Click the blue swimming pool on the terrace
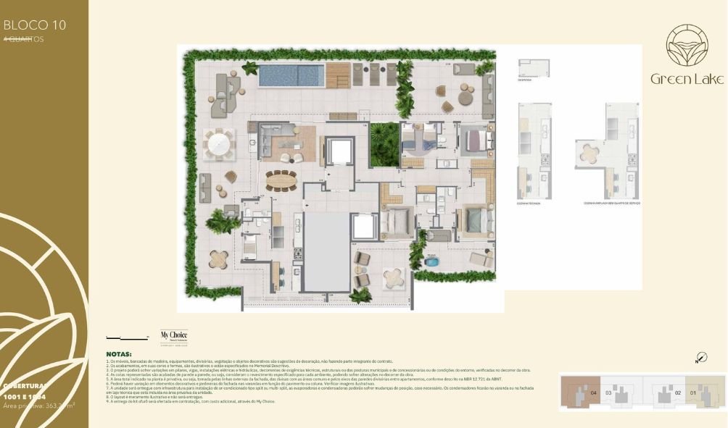coord(291,75)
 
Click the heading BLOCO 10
coord(35,25)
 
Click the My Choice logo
coord(170,337)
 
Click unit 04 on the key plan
coord(593,393)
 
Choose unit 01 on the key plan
coord(693,393)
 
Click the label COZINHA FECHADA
coord(534,203)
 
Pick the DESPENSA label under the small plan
coord(524,80)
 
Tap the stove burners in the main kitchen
coord(297,252)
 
